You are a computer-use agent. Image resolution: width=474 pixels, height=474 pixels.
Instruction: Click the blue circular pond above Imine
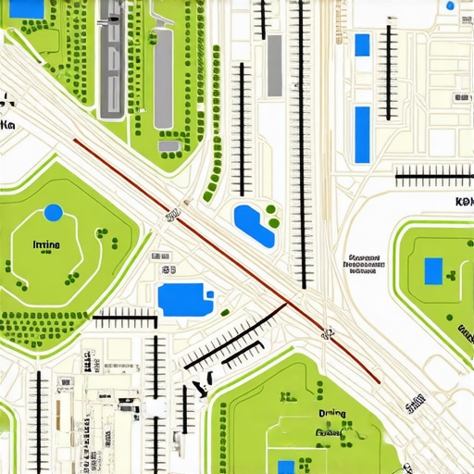tap(53, 212)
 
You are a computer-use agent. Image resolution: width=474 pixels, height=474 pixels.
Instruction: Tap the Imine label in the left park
tap(45, 245)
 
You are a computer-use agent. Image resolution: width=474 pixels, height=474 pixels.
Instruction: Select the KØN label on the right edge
tap(463, 202)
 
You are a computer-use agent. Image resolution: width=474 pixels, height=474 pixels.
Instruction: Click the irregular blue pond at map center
tap(253, 225)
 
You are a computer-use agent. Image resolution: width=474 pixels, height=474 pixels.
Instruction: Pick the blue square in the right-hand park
tap(432, 271)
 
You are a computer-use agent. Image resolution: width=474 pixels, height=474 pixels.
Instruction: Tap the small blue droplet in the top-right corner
tap(450, 6)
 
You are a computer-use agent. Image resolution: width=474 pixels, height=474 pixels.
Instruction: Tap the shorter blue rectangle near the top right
tap(362, 44)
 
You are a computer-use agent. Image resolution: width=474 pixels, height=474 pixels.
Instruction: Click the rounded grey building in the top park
tap(163, 78)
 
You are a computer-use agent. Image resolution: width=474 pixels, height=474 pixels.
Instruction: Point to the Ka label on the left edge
tap(8, 124)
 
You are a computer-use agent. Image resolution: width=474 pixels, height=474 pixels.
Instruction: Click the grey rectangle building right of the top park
tap(275, 66)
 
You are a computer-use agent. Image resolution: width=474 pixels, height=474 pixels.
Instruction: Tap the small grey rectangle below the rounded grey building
tap(168, 145)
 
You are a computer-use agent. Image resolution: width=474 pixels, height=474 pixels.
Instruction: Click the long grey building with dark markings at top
tap(111, 60)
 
